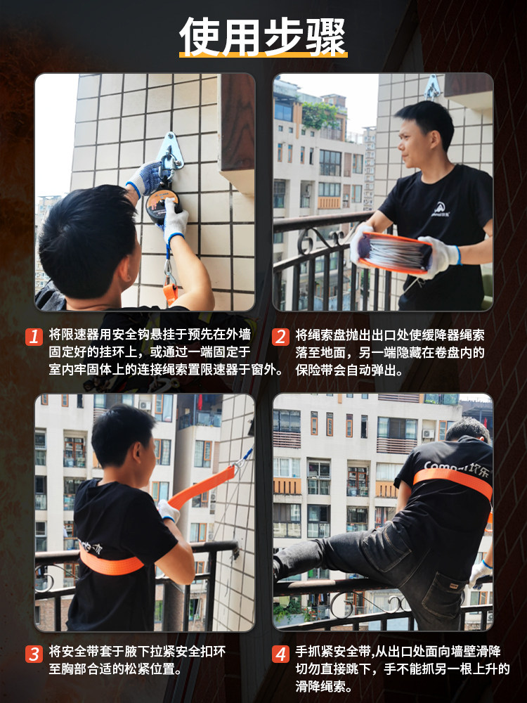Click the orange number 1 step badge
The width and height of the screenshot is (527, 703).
point(34,336)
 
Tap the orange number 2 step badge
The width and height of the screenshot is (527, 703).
point(280,336)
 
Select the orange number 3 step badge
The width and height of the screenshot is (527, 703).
point(34,654)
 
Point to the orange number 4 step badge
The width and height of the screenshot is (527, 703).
point(280,654)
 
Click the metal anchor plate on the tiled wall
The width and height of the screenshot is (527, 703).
point(169,149)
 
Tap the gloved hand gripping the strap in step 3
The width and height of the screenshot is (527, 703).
point(167,510)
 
